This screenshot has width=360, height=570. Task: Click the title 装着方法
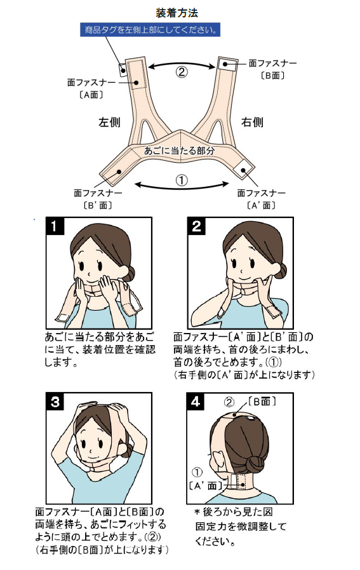click(177, 13)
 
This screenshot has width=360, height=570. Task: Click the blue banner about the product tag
click(150, 30)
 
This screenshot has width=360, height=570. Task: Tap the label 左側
click(109, 122)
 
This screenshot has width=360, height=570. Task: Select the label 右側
click(252, 122)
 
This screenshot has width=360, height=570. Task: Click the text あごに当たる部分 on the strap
click(180, 150)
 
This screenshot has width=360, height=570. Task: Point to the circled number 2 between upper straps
click(182, 72)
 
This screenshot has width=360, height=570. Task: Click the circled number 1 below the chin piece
click(182, 180)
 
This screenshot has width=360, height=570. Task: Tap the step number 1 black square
click(55, 226)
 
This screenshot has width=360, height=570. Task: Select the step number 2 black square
click(197, 226)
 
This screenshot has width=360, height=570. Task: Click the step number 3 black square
click(55, 402)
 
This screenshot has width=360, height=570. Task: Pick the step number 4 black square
click(196, 402)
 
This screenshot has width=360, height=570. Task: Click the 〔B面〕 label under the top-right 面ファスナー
click(272, 76)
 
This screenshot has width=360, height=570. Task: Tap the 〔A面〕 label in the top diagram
click(91, 95)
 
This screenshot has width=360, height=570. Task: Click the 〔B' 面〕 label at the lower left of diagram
click(98, 205)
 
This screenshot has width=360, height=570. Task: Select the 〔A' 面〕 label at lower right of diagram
click(261, 205)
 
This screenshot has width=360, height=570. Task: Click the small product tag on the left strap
click(123, 69)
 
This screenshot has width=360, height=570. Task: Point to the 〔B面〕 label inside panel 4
click(262, 401)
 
